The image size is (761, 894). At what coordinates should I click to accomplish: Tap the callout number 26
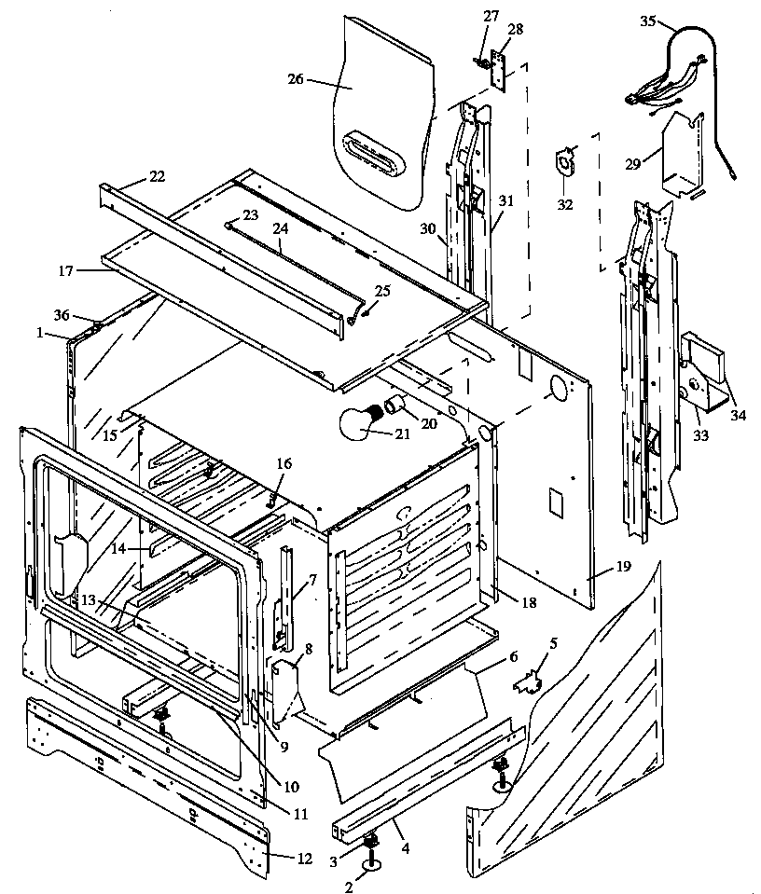295,81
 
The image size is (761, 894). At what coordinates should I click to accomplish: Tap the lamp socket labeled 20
396,406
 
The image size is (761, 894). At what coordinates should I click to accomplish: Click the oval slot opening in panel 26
379,152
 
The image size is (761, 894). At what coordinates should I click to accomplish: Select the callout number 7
312,579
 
